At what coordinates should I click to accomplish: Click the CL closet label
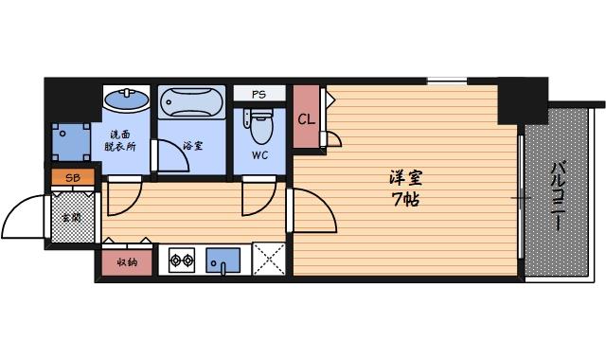306,118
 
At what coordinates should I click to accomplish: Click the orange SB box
72,176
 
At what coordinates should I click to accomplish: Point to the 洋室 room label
404,177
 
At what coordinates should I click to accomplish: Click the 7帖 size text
404,201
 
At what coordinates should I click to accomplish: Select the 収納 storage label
127,262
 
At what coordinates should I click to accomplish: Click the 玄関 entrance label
72,217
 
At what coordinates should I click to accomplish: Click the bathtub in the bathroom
192,102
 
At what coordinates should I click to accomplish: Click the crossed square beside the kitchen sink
268,260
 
